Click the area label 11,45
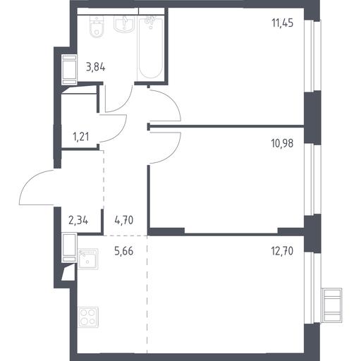(x=282, y=23)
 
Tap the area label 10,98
(x=282, y=143)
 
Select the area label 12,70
(x=282, y=251)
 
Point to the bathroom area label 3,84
(x=96, y=68)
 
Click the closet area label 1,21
(x=81, y=137)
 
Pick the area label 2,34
(x=78, y=221)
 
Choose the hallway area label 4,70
(x=124, y=221)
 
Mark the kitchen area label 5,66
(x=124, y=251)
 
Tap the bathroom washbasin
(x=125, y=23)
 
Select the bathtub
(x=150, y=47)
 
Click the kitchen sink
(x=88, y=259)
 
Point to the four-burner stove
(x=88, y=317)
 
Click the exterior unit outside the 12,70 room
(x=332, y=305)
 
